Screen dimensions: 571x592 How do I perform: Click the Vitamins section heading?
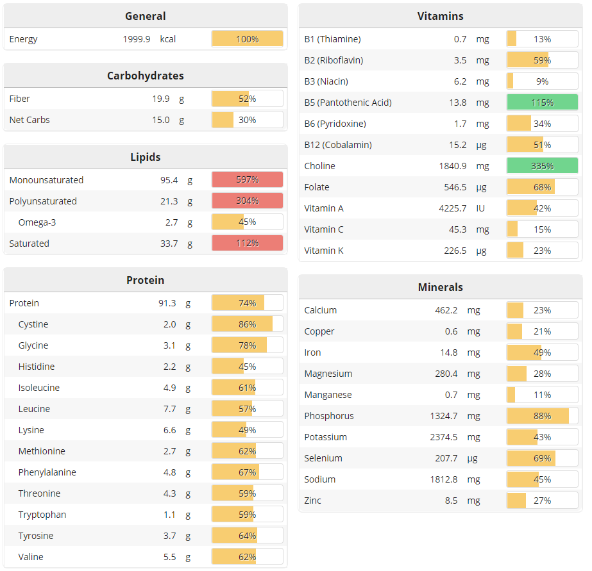440,16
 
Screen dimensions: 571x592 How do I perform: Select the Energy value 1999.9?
137,39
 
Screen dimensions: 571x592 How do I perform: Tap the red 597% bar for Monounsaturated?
247,180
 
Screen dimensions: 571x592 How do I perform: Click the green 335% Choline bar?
542,166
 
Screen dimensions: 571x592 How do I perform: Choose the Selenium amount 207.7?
444,458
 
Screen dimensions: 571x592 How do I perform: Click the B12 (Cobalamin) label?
338,145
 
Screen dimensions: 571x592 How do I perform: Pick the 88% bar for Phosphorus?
542,416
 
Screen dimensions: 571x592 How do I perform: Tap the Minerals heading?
440,287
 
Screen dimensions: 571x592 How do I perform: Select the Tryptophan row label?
42,515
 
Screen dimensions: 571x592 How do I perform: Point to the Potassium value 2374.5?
444,437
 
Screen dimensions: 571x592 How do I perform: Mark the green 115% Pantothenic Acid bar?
542,103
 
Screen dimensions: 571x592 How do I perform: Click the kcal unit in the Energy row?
168,39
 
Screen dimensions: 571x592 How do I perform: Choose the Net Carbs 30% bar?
247,120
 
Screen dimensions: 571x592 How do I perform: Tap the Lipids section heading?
146,157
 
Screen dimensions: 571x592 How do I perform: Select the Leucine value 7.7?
169,409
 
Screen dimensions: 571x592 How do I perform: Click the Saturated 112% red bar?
247,244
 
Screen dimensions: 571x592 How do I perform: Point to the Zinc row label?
313,501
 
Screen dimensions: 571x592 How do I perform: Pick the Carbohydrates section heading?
146,76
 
